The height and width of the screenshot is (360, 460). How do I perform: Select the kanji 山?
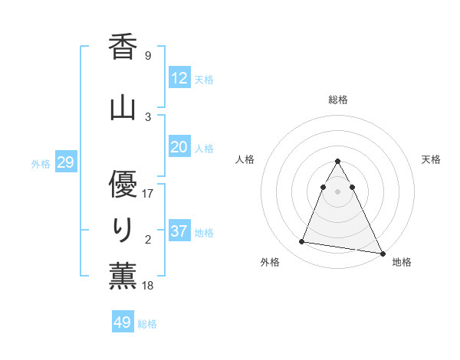pos(123,106)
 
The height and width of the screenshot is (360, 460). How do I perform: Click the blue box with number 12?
pos(179,78)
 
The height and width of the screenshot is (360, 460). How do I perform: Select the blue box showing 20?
pos(179,148)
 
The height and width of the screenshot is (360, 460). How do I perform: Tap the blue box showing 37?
pos(179,231)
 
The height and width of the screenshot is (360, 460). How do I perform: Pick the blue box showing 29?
pos(65,162)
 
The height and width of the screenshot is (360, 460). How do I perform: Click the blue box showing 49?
pos(123,322)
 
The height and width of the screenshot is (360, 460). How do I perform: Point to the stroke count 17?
pos(148,193)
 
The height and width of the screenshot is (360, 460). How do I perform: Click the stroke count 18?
pos(148,286)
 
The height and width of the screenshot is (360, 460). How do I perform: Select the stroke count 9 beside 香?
pos(147,55)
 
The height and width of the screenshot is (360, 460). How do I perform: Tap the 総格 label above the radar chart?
pos(338,100)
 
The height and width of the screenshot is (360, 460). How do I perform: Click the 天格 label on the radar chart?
pos(431,159)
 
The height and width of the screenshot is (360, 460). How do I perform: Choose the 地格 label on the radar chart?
pos(402,262)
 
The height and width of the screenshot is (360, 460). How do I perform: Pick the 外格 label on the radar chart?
pos(270,262)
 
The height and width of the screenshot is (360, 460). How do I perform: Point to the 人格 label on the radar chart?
pos(245,159)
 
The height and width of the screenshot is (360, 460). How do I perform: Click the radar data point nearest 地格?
pos(382,254)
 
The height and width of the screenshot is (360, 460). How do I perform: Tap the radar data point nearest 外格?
pos(302,241)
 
